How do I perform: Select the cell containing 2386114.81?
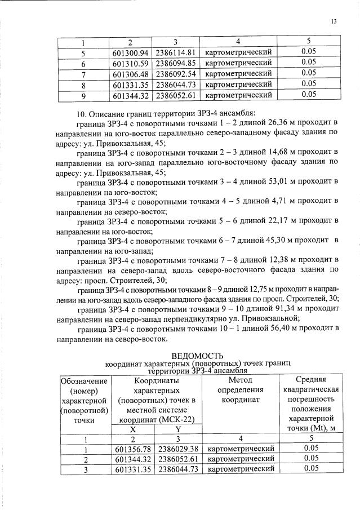pos(175,54)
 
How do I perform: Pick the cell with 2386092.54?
pos(175,74)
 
